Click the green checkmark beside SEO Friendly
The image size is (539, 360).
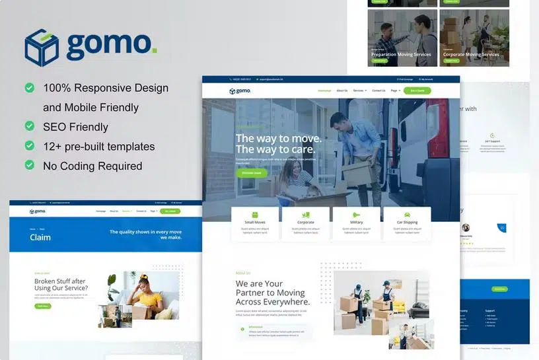[30, 126]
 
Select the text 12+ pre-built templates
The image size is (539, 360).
[98, 147]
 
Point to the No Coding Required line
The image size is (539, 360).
[92, 166]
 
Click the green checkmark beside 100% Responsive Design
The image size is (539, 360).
[30, 87]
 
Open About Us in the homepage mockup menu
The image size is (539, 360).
[341, 90]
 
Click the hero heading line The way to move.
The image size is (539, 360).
[279, 138]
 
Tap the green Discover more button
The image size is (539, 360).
[252, 173]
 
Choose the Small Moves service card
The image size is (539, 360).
[255, 223]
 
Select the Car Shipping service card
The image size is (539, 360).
[407, 223]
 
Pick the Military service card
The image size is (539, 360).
[356, 223]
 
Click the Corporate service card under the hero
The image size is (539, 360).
[306, 223]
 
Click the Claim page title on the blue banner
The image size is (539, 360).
[40, 237]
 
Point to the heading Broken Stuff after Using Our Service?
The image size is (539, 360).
[61, 285]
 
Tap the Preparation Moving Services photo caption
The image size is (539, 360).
[400, 55]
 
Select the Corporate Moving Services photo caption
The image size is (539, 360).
[471, 55]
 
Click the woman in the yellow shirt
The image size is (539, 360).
[146, 295]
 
